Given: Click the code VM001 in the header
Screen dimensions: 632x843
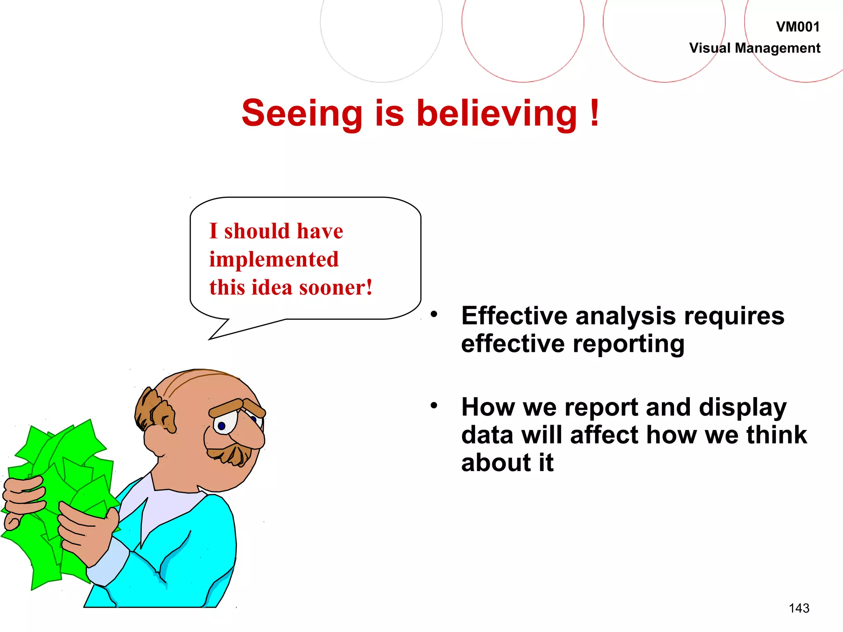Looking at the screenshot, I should click(x=797, y=27).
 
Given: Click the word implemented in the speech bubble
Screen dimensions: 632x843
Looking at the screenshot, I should click(x=274, y=260).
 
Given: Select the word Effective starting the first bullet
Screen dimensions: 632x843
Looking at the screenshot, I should click(x=514, y=316).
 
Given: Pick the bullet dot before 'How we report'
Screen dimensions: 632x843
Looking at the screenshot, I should click(x=434, y=406).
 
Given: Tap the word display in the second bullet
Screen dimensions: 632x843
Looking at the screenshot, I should click(x=743, y=408).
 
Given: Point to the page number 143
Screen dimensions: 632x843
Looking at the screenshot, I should click(x=799, y=608).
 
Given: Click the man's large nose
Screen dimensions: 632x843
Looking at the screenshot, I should click(x=247, y=432).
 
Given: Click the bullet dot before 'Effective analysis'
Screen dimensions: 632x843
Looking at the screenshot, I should click(x=434, y=314).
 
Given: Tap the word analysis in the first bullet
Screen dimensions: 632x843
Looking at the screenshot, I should click(x=625, y=316).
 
